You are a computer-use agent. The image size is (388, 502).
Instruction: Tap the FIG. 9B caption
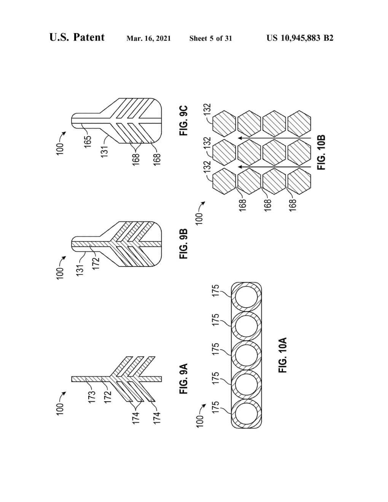coord(183,244)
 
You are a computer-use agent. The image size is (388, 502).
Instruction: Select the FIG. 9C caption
coord(183,121)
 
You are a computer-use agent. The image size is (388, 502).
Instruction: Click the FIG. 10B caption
coord(321,153)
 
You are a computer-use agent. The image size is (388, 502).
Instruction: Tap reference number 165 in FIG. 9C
coord(88,141)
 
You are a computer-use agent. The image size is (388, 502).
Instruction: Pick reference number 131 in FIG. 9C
coord(105,151)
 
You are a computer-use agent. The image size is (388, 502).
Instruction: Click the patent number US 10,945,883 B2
coord(300,38)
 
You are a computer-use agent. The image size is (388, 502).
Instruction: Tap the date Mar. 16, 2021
coord(149,38)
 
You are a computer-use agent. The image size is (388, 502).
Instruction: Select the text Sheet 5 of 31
coord(210,38)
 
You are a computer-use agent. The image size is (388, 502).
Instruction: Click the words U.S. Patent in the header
coord(77,37)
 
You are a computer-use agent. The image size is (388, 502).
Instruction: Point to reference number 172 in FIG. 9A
coord(108,396)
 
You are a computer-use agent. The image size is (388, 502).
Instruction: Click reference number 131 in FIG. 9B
coord(80,272)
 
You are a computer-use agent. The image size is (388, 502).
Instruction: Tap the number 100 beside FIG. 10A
coord(200,421)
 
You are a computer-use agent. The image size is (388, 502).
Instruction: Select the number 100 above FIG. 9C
coord(60,149)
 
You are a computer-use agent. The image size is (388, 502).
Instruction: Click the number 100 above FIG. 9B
coord(60,274)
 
